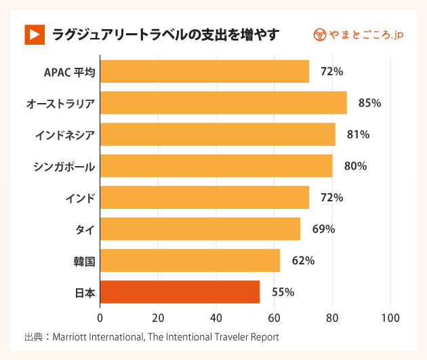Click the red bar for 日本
[180, 292]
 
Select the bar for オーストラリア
[223, 103]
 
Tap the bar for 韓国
[190, 260]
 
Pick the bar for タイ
[200, 229]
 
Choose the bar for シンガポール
[216, 166]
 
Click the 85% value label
[369, 103]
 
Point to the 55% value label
[283, 292]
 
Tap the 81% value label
[358, 135]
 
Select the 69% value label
[323, 229]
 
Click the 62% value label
[303, 260]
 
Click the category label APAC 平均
[69, 72]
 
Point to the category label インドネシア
[64, 135]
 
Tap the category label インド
[80, 198]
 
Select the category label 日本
[84, 293]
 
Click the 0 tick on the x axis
[100, 317]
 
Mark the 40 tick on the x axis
[216, 317]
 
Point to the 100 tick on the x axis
[390, 317]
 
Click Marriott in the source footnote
[73, 336]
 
